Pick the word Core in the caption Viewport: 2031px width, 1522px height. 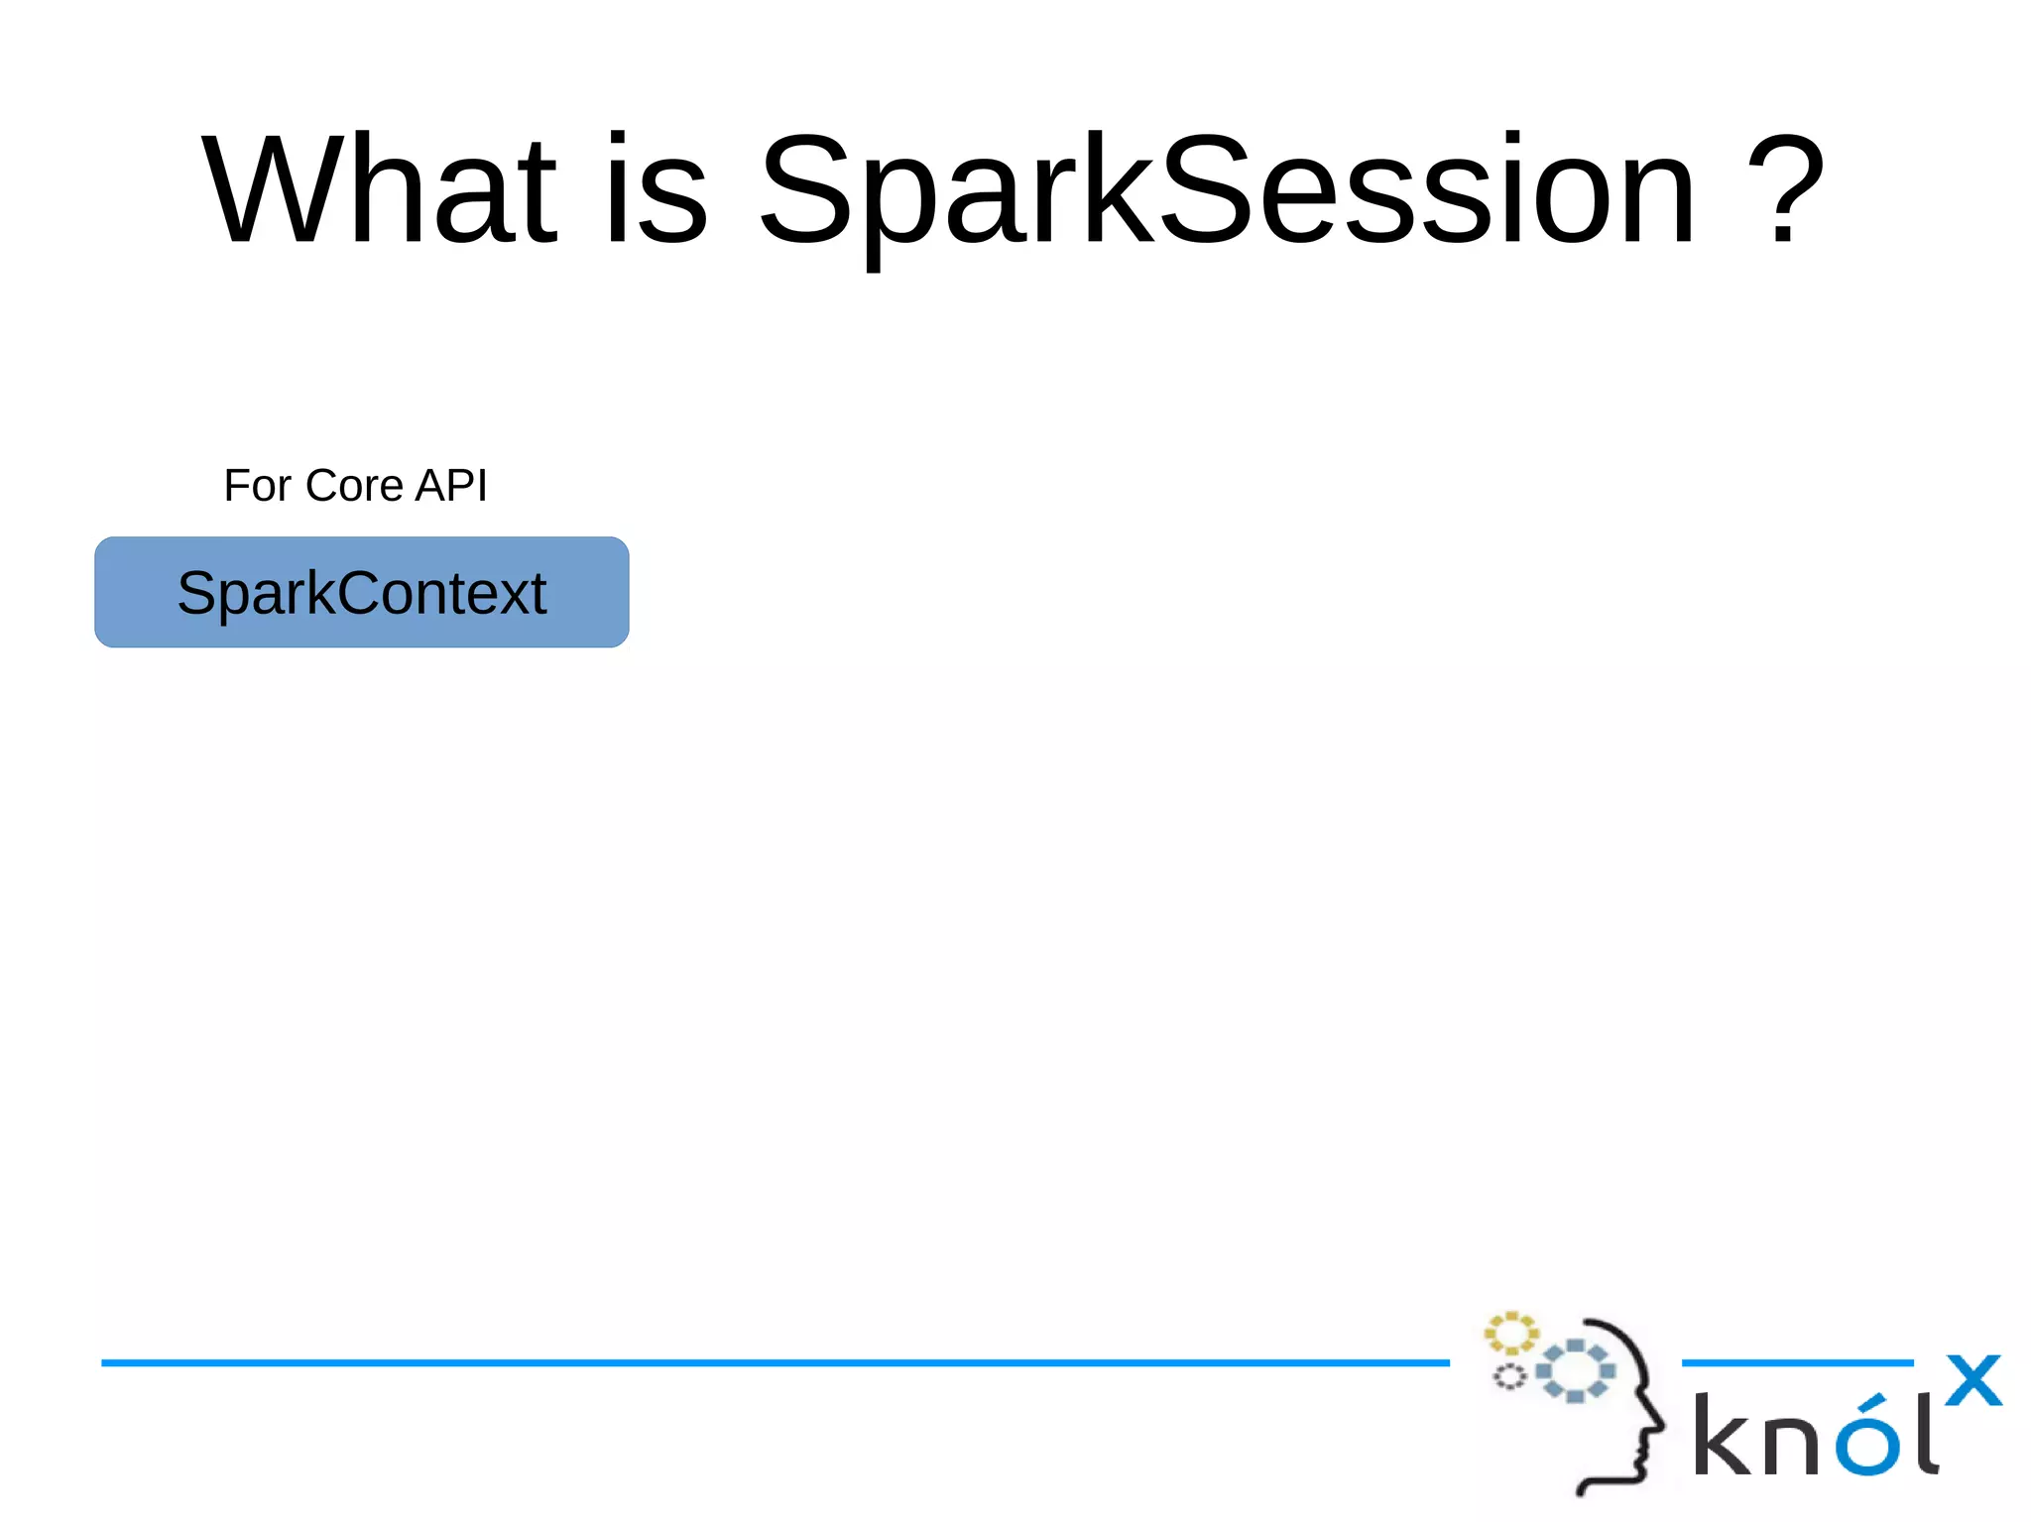pyautogui.click(x=354, y=486)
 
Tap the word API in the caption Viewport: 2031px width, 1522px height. pyautogui.click(x=451, y=486)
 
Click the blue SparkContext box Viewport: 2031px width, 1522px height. pyautogui.click(x=361, y=593)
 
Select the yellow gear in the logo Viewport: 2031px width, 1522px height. pyautogui.click(x=1510, y=1334)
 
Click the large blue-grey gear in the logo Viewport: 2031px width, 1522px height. pyautogui.click(x=1575, y=1370)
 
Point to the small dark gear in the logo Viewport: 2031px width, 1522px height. pyautogui.click(x=1509, y=1376)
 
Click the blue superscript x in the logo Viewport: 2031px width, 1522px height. pyautogui.click(x=1973, y=1380)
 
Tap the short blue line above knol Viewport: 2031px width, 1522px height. pyautogui.click(x=1797, y=1362)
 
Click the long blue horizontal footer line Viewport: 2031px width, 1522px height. pyautogui.click(x=774, y=1362)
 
